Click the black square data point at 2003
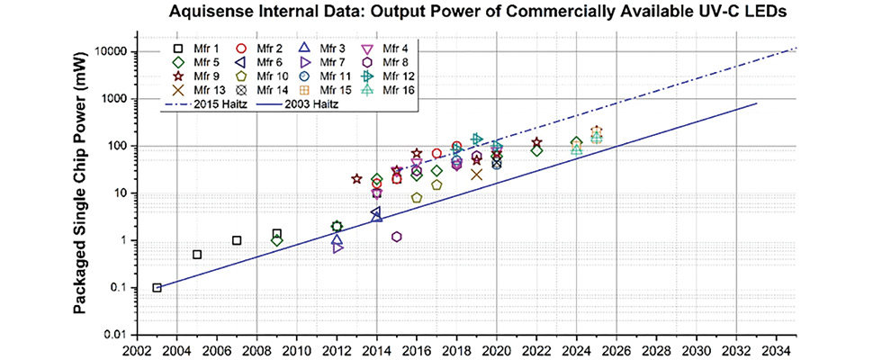[x=157, y=288]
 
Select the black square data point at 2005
[x=197, y=255]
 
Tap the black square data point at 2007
[x=237, y=240]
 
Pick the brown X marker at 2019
[x=477, y=175]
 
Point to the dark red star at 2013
[x=356, y=179]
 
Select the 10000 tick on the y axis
[x=108, y=52]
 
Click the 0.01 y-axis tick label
[x=113, y=335]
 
